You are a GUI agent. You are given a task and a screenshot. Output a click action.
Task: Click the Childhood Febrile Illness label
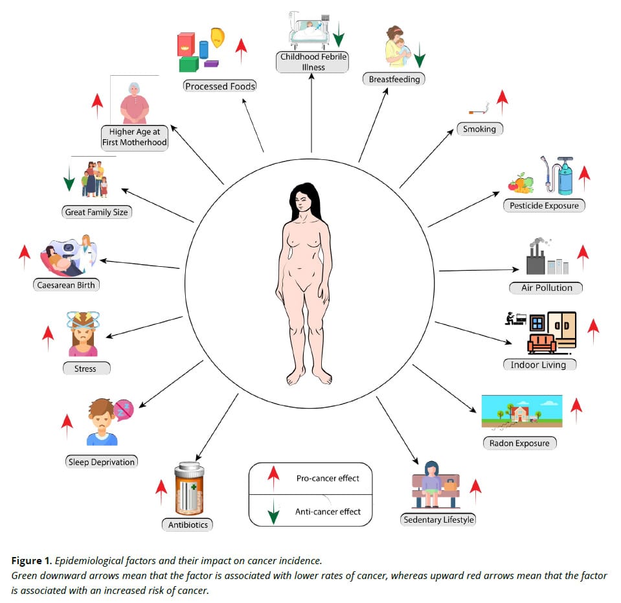pos(313,62)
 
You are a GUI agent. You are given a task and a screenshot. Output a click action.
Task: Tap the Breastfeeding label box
pos(394,79)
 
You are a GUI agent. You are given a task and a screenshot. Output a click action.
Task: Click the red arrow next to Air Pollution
pos(582,257)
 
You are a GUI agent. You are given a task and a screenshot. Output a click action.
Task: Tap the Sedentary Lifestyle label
pos(438,519)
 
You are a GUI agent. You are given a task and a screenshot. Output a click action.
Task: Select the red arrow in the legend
pos(273,479)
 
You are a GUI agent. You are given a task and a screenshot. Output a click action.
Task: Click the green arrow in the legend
pos(273,512)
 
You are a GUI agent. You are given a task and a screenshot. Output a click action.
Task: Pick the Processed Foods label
pos(220,85)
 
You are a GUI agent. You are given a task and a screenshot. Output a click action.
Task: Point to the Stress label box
pos(87,369)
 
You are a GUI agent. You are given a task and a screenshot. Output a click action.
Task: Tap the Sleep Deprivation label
pos(101,462)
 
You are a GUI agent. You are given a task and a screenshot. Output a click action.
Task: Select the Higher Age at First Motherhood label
pos(134,137)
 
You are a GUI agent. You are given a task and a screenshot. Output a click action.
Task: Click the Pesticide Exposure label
pos(544,205)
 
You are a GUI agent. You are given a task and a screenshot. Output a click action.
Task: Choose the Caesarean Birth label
pos(67,284)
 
